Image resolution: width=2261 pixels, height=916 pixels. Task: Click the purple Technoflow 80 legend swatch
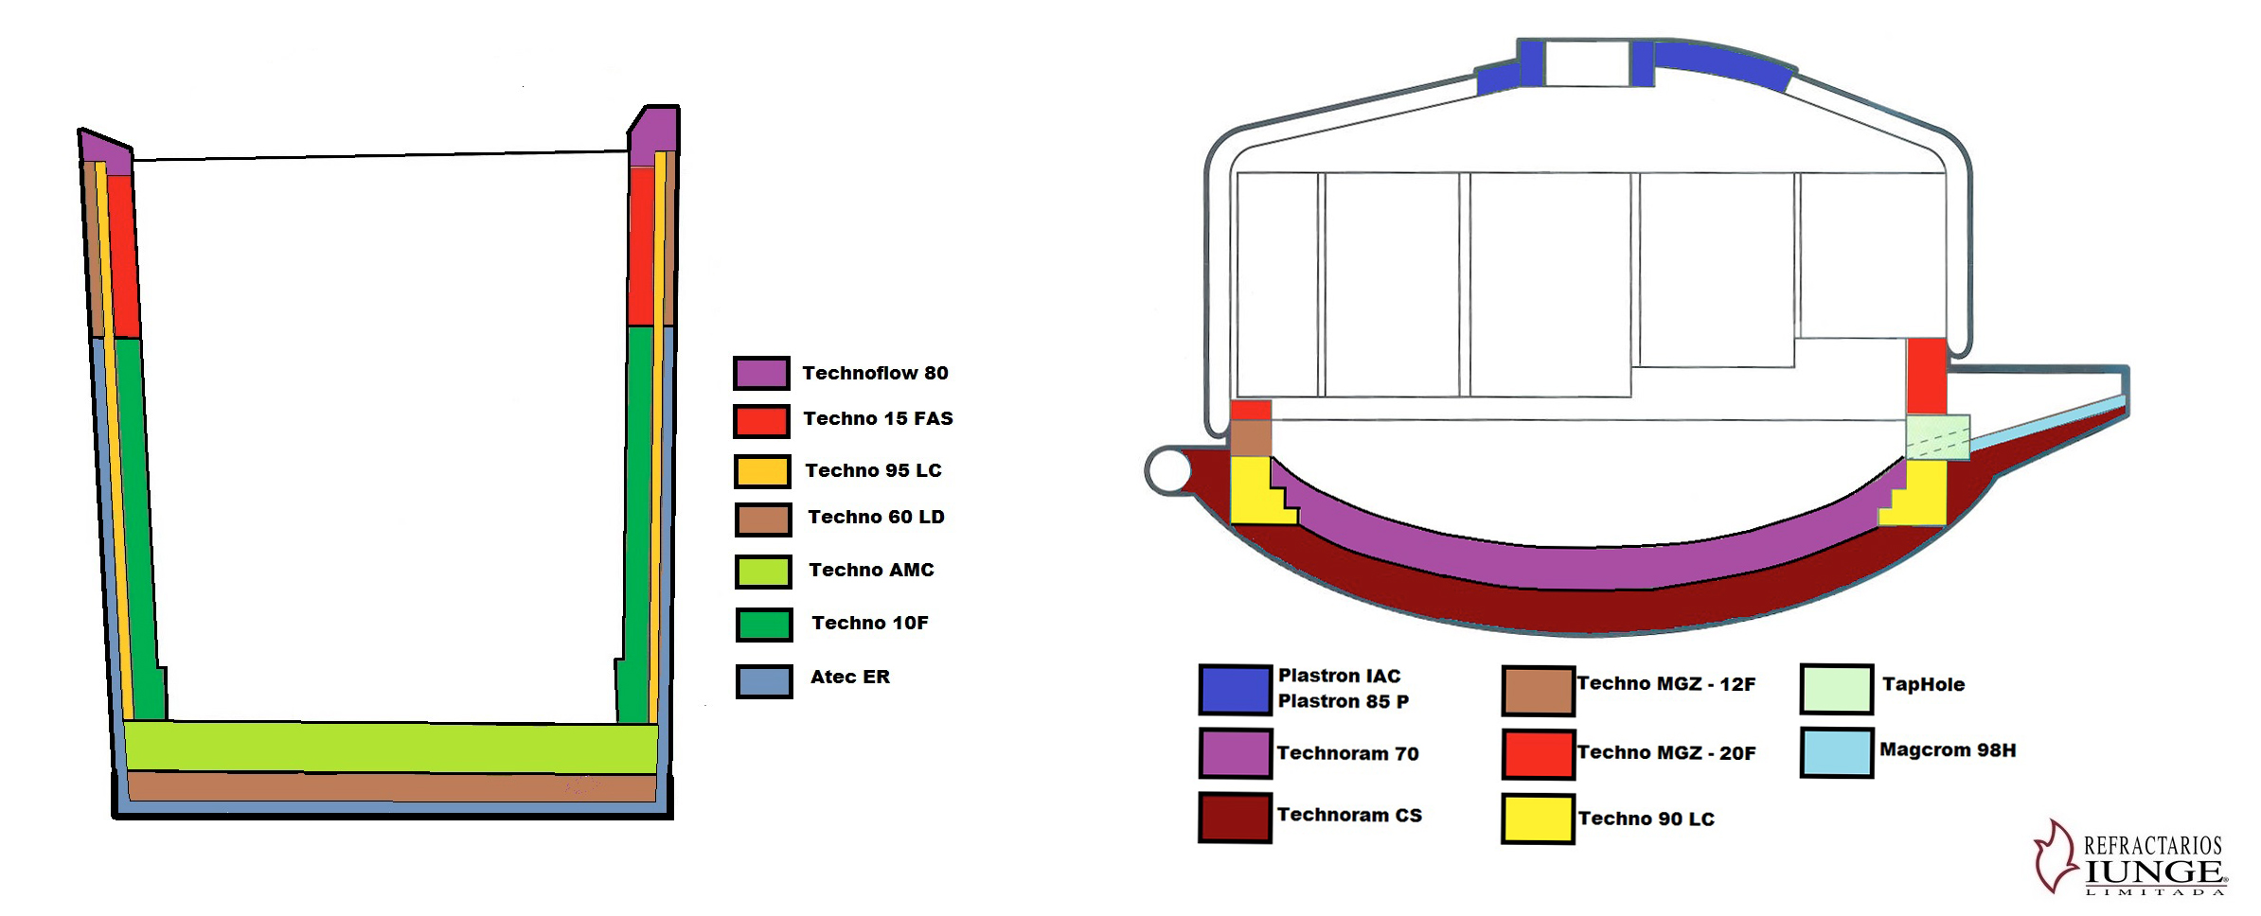tap(761, 373)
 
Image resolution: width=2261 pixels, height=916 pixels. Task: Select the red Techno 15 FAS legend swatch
tap(761, 421)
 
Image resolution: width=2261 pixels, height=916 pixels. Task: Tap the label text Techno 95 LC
tap(873, 470)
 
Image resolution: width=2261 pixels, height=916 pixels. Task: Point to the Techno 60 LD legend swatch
tap(763, 520)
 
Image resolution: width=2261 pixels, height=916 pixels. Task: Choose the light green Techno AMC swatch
tap(763, 572)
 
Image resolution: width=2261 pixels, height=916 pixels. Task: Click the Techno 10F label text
tap(869, 623)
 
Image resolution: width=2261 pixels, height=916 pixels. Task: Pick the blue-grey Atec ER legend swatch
tap(764, 681)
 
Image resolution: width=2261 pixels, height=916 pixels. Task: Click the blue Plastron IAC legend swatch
tap(1235, 689)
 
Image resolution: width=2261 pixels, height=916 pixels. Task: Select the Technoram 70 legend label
tap(1347, 753)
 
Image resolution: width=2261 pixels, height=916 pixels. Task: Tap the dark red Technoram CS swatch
tap(1235, 818)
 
